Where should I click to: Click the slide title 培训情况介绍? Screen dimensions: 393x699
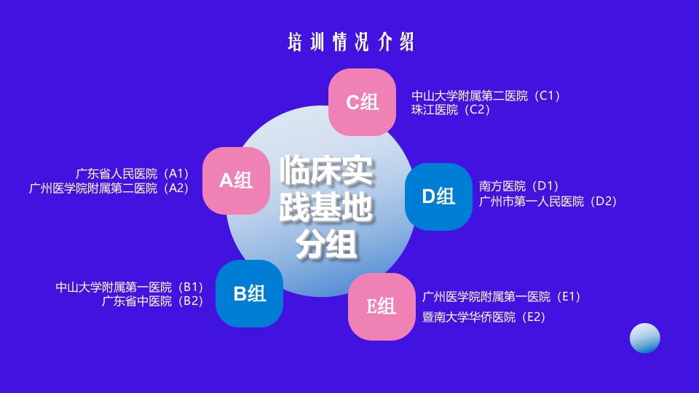coord(351,42)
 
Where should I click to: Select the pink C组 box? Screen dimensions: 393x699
coord(362,102)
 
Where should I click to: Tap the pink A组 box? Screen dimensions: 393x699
coord(236,180)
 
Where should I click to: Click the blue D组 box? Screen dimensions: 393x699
coord(438,196)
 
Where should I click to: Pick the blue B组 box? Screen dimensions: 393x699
coord(249,293)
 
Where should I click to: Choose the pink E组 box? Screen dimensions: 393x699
coord(382,306)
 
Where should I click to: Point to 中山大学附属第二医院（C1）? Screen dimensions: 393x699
coord(486,95)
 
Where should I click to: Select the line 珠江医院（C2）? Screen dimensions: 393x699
coord(451,110)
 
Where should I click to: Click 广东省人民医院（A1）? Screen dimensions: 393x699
coord(132,173)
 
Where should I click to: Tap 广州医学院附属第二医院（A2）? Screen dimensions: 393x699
coord(108,188)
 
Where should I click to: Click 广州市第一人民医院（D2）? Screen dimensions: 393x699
coord(548,201)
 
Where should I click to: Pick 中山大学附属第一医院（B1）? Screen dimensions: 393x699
coord(129,287)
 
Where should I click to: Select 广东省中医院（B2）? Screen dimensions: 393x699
coord(152,301)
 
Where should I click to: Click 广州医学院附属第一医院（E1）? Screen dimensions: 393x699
coord(501,296)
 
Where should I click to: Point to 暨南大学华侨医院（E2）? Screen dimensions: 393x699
coord(483,317)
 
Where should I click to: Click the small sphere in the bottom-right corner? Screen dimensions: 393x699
coord(644,338)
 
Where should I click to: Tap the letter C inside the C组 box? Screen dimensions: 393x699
coord(352,103)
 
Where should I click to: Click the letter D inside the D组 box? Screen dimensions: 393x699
coord(428,196)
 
